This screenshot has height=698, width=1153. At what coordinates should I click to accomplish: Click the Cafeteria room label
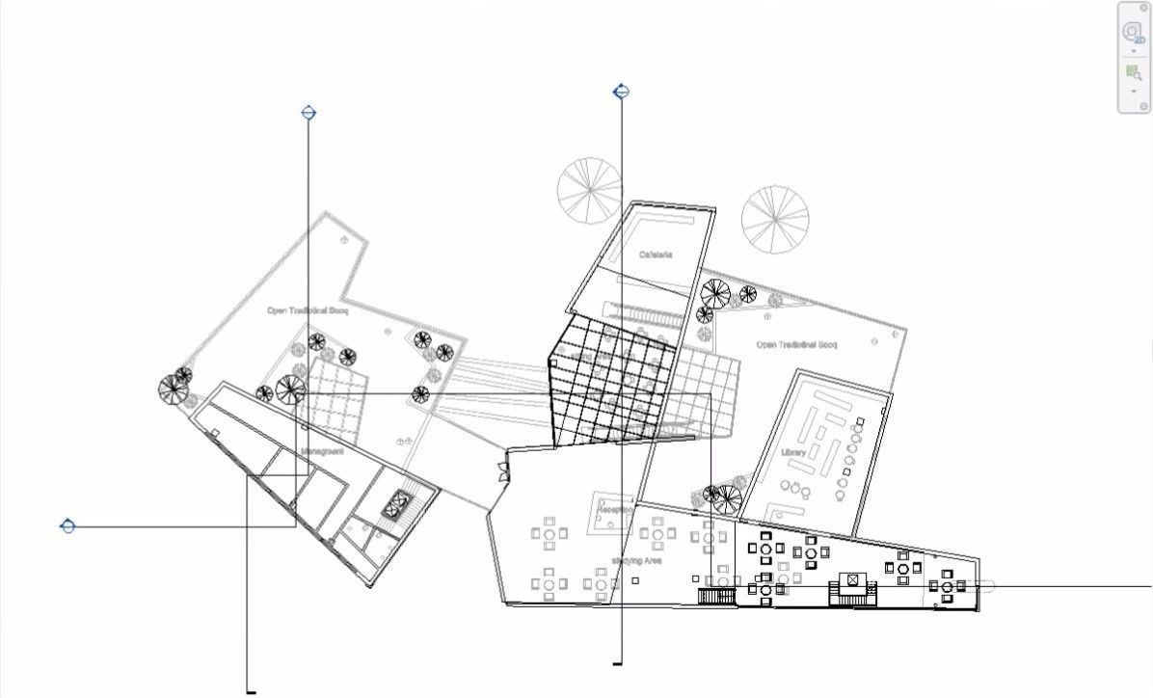click(656, 255)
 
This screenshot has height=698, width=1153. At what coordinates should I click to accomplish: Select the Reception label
click(617, 509)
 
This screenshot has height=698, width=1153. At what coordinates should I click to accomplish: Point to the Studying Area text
click(635, 560)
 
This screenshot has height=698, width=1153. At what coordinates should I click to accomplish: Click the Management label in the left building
click(322, 450)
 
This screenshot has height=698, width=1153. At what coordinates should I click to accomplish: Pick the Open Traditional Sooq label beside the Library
click(796, 344)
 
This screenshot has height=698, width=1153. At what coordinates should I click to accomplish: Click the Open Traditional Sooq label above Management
click(307, 310)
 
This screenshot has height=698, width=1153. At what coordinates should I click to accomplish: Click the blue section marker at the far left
click(67, 526)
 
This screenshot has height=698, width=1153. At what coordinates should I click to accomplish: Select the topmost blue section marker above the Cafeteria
click(622, 92)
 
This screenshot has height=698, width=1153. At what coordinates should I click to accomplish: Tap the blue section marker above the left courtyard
click(308, 113)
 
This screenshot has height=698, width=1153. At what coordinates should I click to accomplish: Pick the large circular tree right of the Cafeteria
click(775, 218)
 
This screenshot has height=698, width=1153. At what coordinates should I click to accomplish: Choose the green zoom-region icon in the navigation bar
click(1133, 72)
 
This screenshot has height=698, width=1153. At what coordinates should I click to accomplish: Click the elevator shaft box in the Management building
click(395, 503)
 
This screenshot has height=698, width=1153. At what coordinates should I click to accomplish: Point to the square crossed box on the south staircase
click(852, 581)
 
